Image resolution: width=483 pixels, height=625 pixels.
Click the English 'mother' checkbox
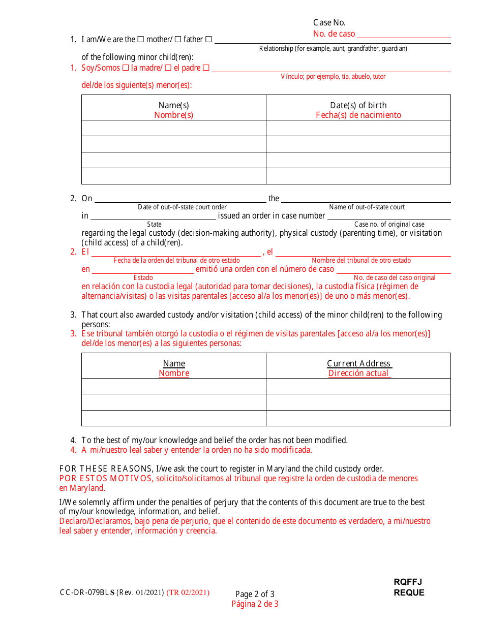coord(141,40)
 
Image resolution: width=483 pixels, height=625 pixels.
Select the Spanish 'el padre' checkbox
coord(168,68)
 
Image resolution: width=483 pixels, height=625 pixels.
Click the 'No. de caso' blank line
coord(404,34)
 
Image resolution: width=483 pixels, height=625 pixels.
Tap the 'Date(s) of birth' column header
coord(358,106)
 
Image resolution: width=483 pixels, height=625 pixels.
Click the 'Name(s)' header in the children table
coord(173,106)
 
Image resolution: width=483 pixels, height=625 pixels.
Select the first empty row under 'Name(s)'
coord(173,128)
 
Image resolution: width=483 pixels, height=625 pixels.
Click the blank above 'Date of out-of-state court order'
coord(180,198)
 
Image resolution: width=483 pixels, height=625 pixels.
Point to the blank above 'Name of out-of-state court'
coord(366,198)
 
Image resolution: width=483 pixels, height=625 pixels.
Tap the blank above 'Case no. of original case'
coord(389,216)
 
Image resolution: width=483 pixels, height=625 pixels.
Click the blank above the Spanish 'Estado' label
coord(143,269)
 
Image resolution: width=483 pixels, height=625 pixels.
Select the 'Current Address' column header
coord(359,364)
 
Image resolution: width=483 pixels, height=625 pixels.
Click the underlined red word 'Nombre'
coord(174,373)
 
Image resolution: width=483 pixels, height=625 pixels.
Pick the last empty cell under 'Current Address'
coord(358,418)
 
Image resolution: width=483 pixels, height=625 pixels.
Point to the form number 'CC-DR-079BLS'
coord(87,592)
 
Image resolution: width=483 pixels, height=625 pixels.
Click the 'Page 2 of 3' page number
coord(255,594)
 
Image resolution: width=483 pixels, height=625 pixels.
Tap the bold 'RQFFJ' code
coord(408,582)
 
